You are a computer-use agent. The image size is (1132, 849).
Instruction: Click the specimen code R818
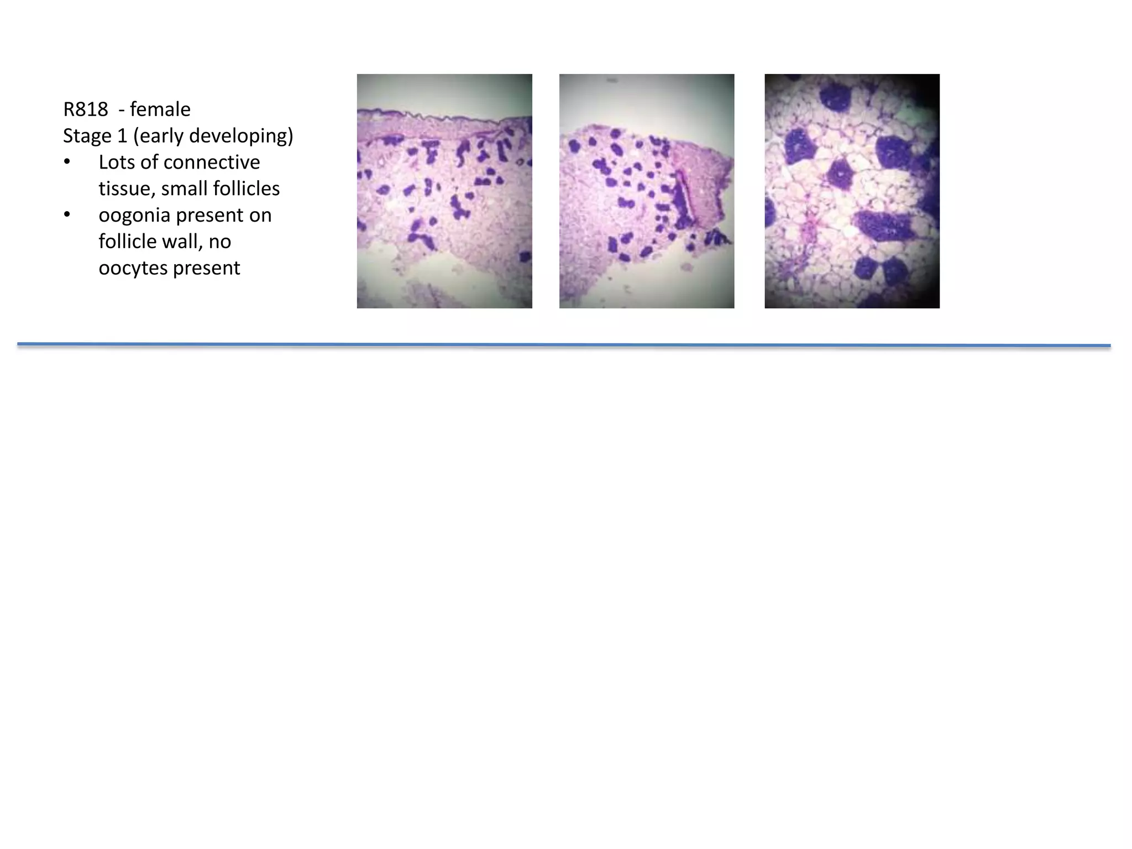coord(85,109)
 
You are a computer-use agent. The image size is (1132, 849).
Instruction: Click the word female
coord(160,109)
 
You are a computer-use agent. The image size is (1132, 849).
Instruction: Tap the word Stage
coord(87,136)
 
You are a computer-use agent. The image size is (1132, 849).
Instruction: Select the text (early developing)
coord(213,136)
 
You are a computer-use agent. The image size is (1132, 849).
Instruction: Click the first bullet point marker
coord(67,163)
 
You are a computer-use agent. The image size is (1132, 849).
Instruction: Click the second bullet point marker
coord(67,216)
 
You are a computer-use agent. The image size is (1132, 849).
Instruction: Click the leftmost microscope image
coord(444,191)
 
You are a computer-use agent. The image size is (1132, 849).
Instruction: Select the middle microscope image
coord(647,191)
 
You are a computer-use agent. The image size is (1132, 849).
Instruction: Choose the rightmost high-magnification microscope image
coord(852,191)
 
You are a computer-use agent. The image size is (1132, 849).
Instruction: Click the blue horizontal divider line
coord(564,345)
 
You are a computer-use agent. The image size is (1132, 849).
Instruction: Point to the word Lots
coord(117,163)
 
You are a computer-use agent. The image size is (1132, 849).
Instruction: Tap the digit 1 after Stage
coord(122,136)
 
